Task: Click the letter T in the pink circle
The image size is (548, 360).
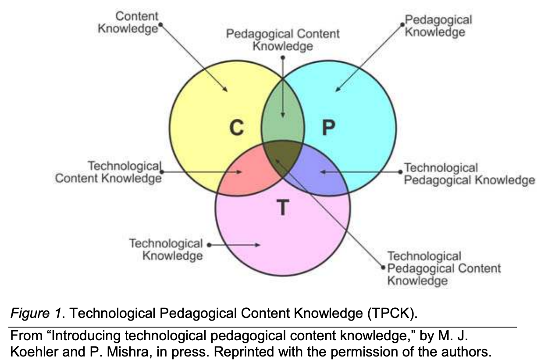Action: (x=283, y=207)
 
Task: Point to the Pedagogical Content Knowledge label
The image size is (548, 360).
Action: (x=283, y=40)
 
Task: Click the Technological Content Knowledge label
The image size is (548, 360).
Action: (x=108, y=172)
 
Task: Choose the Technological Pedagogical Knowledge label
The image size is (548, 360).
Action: (x=468, y=174)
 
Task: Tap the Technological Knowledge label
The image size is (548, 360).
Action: (x=167, y=250)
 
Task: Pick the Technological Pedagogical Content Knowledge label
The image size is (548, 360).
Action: (x=443, y=268)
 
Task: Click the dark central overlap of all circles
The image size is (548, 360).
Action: (x=283, y=156)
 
